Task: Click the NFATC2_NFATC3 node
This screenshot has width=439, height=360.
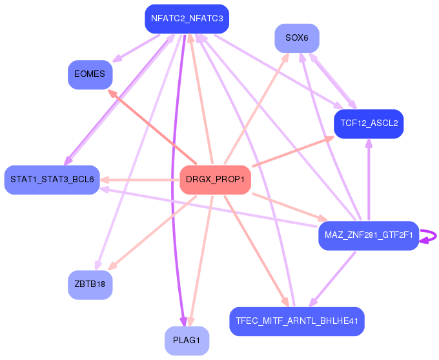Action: coord(187,19)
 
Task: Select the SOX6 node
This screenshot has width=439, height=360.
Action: coord(297,38)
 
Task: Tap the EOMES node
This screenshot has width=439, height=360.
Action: coord(90,74)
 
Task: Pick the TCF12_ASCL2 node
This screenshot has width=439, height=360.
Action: coord(369,123)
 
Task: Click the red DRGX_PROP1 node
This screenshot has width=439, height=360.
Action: coord(215,179)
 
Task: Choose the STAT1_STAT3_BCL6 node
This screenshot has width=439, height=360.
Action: coord(52,179)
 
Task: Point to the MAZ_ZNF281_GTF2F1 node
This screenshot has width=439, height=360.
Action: coord(369,235)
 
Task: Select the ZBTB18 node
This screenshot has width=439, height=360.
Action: coord(90,284)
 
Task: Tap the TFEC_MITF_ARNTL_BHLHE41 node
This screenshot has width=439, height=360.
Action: coord(297,321)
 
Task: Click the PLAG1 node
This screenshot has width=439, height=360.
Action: coord(187,340)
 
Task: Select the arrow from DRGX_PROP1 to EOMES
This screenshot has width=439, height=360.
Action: coord(153,127)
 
